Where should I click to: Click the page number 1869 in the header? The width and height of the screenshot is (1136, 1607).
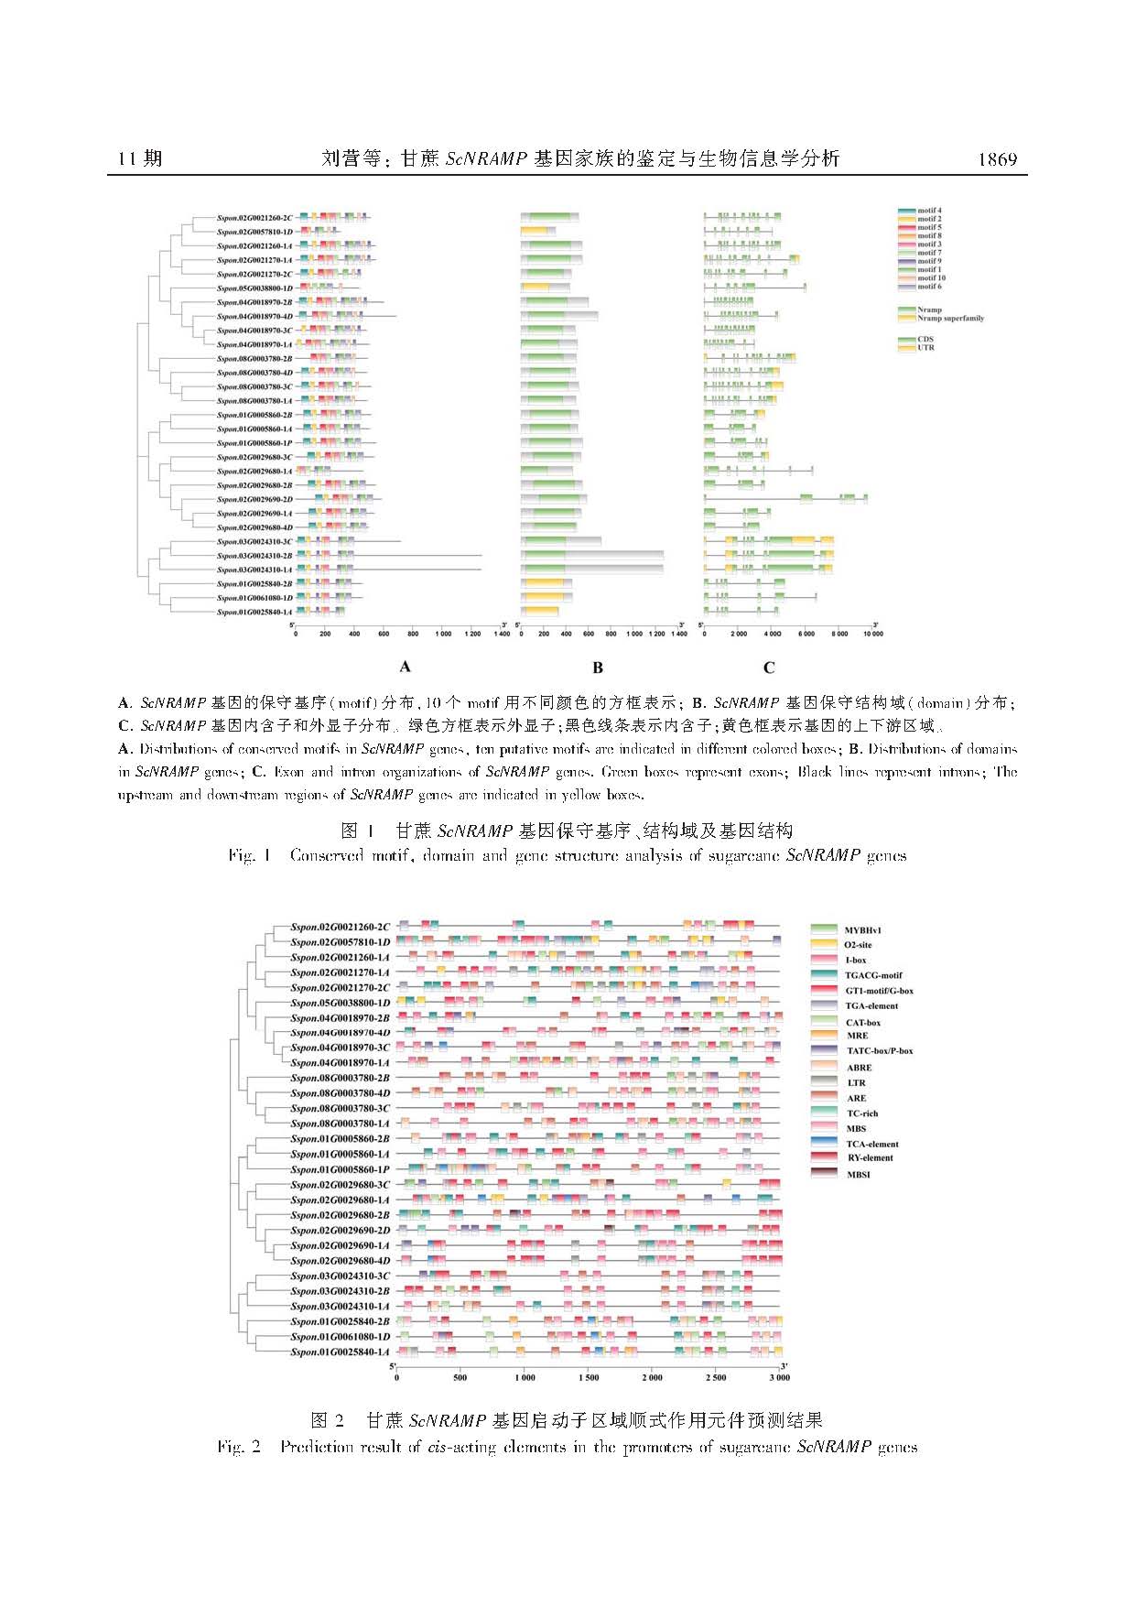pos(997,159)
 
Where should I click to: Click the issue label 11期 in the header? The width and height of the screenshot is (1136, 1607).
pos(140,159)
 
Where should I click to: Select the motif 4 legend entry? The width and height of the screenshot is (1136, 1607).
pos(928,211)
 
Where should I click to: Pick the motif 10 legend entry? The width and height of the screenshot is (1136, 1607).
pos(931,277)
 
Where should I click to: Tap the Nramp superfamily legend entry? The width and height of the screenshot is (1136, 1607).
pos(950,318)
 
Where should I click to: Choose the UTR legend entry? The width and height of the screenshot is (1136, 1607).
pos(925,347)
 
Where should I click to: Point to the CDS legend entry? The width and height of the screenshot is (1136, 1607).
pos(925,339)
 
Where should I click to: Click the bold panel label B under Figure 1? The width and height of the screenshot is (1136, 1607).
pos(598,668)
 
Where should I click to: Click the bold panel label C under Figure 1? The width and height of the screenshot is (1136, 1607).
pos(769,668)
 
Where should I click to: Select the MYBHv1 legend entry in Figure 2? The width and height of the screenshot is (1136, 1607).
pos(862,929)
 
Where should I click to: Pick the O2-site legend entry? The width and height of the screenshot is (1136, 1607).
pos(858,944)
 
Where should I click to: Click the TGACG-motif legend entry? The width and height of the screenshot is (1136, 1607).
pos(872,975)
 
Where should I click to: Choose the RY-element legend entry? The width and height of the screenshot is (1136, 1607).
pos(869,1157)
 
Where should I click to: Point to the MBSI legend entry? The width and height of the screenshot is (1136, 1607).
pos(858,1174)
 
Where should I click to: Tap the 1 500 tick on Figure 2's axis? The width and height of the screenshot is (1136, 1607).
pos(588,1377)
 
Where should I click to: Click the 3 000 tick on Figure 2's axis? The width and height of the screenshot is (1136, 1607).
pos(778,1377)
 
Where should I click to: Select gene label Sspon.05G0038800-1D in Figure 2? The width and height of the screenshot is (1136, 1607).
pos(340,1003)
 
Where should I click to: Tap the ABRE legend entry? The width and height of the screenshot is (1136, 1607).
pos(859,1067)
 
